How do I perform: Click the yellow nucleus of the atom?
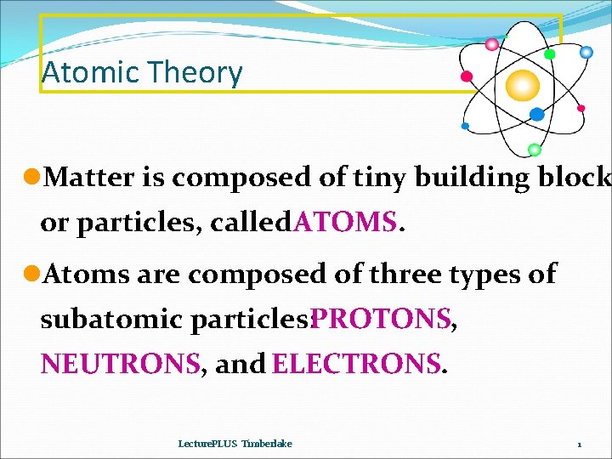pyautogui.click(x=523, y=85)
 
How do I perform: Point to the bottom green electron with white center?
pyautogui.click(x=534, y=150)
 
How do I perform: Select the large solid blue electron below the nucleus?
pyautogui.click(x=536, y=114)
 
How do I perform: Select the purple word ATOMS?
pyautogui.click(x=344, y=223)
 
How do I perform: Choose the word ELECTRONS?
pyautogui.click(x=356, y=364)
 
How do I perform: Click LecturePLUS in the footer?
pyautogui.click(x=207, y=444)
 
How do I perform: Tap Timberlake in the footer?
pyautogui.click(x=267, y=444)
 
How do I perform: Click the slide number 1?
pyautogui.click(x=579, y=445)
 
